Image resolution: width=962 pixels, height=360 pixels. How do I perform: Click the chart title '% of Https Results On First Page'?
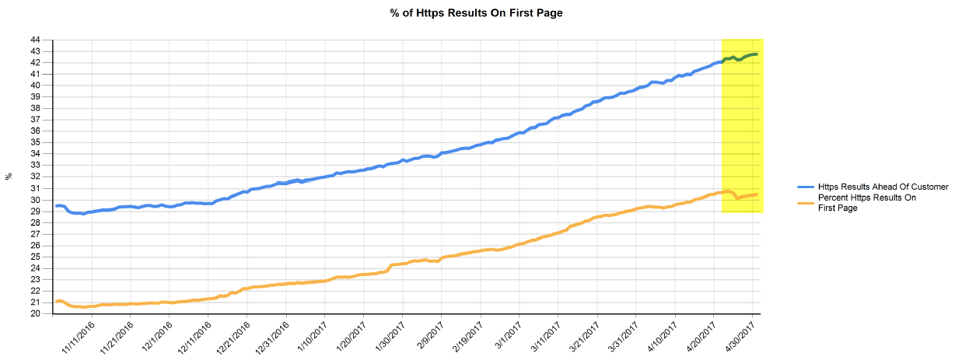tap(476, 13)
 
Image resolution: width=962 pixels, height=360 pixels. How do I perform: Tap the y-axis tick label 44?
tap(36, 40)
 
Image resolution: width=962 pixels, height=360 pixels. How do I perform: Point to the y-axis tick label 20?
tap(36, 314)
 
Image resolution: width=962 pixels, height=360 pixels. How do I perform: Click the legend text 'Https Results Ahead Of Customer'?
tap(883, 187)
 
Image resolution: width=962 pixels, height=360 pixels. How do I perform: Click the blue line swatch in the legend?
tap(806, 187)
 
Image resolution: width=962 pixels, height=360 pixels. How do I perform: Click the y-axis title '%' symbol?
tap(9, 177)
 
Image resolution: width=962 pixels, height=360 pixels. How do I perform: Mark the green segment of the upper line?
tap(740, 57)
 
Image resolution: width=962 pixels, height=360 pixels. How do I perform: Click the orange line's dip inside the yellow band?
tap(737, 197)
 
